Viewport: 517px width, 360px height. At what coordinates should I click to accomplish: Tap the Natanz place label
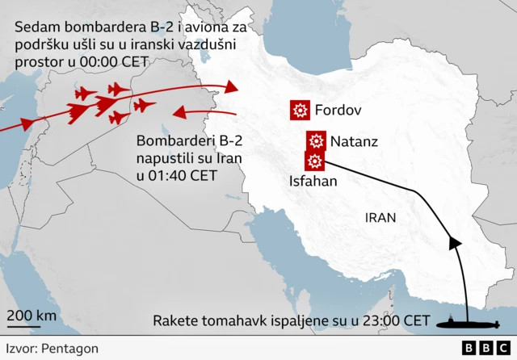(354, 141)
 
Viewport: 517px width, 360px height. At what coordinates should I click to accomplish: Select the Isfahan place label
(313, 182)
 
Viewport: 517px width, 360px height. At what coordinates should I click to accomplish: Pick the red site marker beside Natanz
(316, 141)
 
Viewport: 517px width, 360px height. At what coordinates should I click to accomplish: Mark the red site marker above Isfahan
(314, 161)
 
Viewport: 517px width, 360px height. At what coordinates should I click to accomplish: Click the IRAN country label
(380, 217)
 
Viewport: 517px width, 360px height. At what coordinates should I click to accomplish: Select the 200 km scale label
(32, 315)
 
